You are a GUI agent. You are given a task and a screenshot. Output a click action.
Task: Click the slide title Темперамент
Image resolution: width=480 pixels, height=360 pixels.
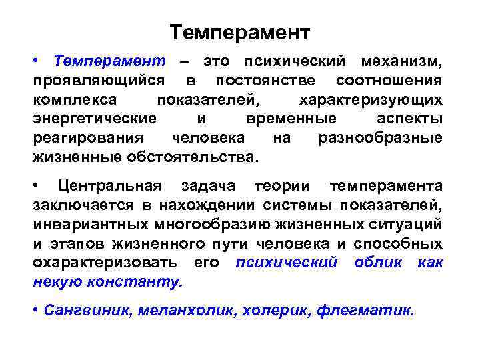pyautogui.click(x=240, y=32)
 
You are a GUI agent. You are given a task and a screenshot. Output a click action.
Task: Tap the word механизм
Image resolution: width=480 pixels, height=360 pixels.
pyautogui.click(x=401, y=62)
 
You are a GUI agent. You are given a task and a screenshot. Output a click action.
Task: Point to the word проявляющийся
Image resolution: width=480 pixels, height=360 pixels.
pyautogui.click(x=99, y=81)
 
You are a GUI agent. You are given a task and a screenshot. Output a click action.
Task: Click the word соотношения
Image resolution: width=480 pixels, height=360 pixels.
pyautogui.click(x=389, y=81)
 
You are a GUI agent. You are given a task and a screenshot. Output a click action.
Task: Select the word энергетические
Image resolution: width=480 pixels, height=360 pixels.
pyautogui.click(x=95, y=119)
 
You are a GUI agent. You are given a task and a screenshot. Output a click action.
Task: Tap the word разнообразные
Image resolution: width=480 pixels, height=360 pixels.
pyautogui.click(x=380, y=139)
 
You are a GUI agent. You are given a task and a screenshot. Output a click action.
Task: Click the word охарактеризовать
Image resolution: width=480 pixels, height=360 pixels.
pyautogui.click(x=105, y=262)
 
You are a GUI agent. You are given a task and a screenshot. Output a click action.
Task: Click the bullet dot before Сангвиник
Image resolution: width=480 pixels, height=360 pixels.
pyautogui.click(x=35, y=311)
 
